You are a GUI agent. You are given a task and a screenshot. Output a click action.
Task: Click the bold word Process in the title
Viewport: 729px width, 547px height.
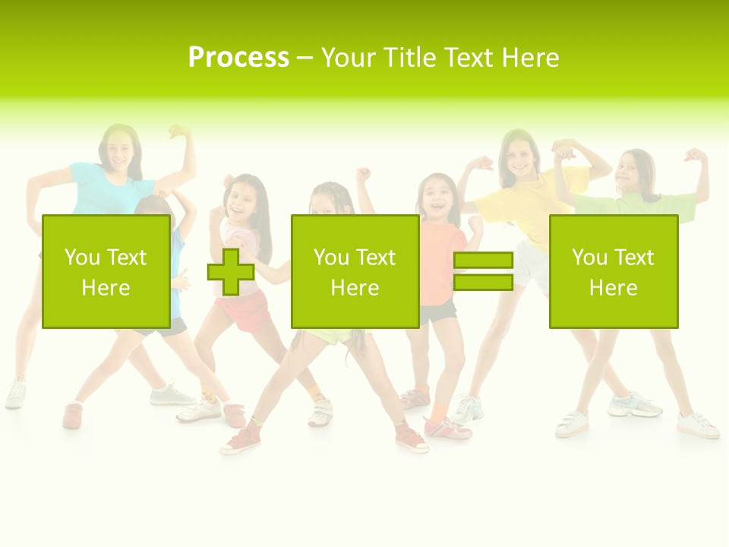pyautogui.click(x=238, y=58)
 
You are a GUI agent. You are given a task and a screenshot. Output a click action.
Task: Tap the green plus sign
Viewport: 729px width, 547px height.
pyautogui.click(x=231, y=271)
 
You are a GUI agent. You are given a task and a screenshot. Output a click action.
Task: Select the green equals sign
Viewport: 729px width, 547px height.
pyautogui.click(x=483, y=271)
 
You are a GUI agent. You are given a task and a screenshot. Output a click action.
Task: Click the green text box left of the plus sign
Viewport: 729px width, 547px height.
pyautogui.click(x=106, y=271)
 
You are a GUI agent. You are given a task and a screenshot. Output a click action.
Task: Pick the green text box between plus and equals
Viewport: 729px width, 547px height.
pyautogui.click(x=355, y=271)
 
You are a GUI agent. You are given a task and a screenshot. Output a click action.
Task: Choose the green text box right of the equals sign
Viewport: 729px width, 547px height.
pyautogui.click(x=613, y=271)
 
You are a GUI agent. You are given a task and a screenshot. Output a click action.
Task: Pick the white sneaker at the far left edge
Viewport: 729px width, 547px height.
pyautogui.click(x=15, y=394)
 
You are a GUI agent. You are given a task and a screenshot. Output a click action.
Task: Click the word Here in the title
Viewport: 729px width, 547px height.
pyautogui.click(x=529, y=58)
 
